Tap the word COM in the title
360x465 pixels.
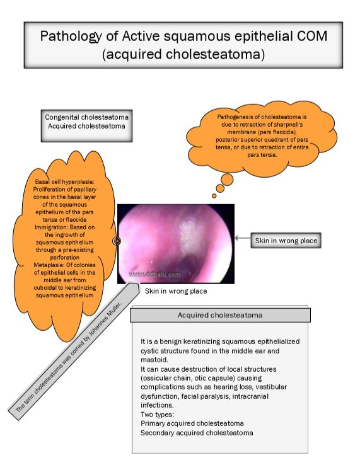[312, 37]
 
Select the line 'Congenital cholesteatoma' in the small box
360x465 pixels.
[86, 117]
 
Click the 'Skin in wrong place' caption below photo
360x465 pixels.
[176, 291]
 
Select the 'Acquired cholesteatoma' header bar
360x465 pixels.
[219, 314]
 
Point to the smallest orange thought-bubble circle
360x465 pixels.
[214, 196]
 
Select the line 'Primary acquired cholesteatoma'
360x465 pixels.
[192, 423]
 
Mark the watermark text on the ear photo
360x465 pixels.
[155, 275]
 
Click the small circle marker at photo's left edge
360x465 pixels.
[117, 241]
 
